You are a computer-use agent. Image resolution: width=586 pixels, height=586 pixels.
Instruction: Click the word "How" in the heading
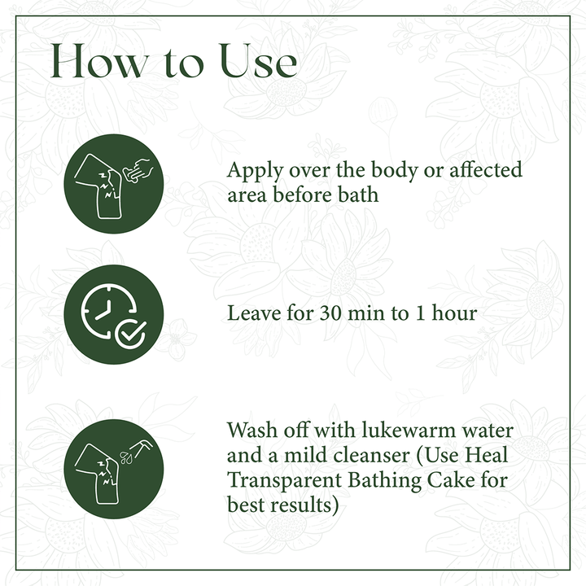point(99,61)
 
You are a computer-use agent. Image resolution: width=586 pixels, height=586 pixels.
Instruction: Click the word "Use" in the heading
point(258,61)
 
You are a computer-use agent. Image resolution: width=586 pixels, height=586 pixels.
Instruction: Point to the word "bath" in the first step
point(358,195)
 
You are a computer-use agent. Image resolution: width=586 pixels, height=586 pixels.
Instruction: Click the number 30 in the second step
point(330,313)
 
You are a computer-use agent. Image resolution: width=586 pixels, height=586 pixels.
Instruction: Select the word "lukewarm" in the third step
point(409,430)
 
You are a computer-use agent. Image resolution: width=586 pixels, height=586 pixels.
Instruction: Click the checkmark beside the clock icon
point(131,334)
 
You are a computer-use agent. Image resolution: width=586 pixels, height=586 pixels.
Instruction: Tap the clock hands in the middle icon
point(104,310)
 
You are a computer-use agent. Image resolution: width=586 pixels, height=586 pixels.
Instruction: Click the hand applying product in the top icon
point(138,170)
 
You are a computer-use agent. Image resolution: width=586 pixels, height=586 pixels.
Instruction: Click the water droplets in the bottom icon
point(126,457)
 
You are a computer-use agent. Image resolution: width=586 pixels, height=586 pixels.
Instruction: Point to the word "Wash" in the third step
point(252,430)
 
